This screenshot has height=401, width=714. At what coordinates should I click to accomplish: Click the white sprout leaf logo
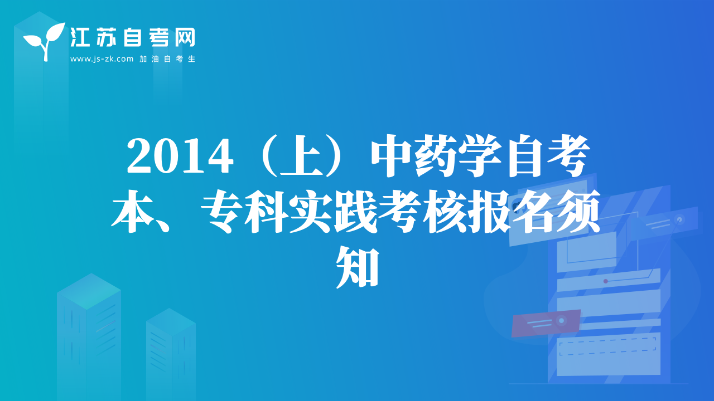44,41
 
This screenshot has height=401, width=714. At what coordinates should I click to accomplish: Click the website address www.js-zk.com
102,59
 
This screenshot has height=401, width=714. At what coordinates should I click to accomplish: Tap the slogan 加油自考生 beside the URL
167,59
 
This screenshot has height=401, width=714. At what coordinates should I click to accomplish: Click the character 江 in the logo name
80,37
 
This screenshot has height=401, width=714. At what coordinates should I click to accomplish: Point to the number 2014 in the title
180,157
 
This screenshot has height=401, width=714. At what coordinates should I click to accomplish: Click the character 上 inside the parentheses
302,156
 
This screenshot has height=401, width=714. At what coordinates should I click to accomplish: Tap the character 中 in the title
392,156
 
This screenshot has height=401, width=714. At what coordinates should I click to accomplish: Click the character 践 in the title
355,211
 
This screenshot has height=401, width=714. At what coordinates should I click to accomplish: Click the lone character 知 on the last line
358,267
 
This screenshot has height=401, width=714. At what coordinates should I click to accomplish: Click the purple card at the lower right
546,322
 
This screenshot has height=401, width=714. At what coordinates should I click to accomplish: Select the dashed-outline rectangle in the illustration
607,347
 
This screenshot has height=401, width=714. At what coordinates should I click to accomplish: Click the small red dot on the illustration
606,281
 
